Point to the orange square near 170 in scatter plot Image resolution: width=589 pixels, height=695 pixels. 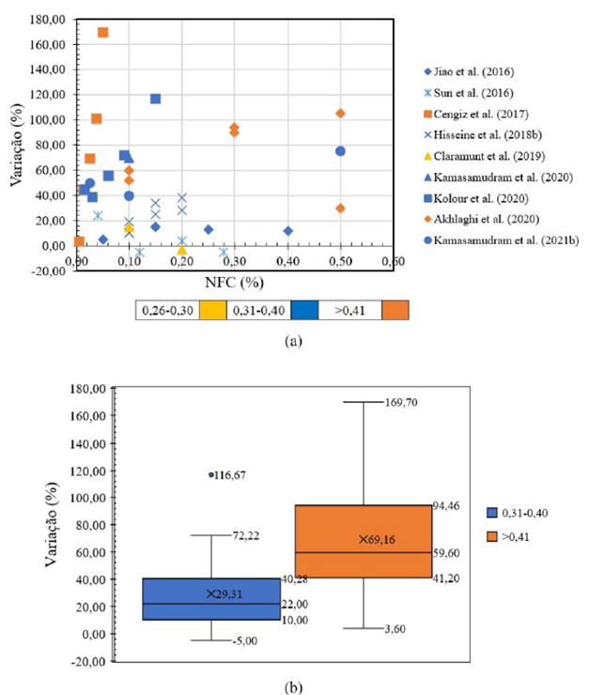[x=102, y=32]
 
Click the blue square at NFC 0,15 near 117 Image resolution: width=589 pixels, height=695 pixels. [x=155, y=99]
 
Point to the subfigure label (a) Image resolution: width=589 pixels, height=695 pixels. [x=293, y=343]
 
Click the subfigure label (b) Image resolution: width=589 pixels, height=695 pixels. [x=293, y=687]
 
